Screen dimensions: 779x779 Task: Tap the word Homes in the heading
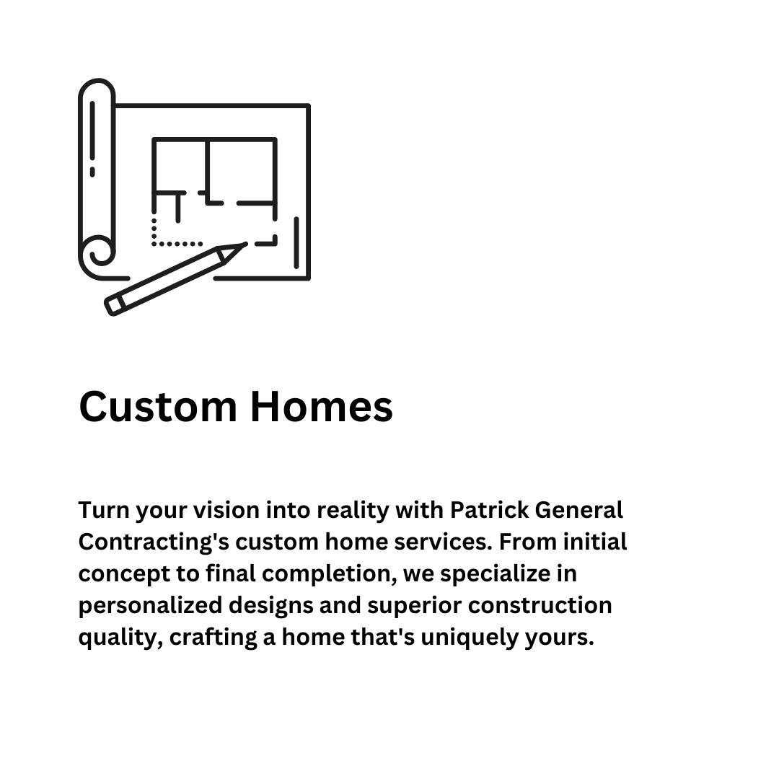[x=321, y=406]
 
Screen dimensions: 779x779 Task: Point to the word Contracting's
[x=153, y=542]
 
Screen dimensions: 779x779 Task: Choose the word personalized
[x=146, y=606]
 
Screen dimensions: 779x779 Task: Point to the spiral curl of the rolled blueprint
[x=100, y=252]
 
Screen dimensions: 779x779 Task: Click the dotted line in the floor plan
[x=173, y=243]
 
